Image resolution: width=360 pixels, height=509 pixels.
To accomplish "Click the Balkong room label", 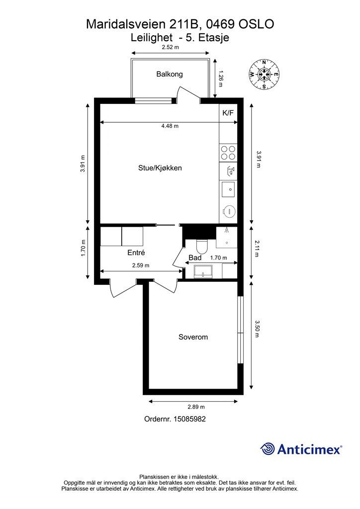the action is (x=170, y=74).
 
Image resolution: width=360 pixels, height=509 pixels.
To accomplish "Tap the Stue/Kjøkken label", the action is (x=160, y=168).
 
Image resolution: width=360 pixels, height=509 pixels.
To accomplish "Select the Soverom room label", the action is (x=193, y=337).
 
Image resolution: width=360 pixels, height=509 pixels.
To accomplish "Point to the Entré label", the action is (x=136, y=252).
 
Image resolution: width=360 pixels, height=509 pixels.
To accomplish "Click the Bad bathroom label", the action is (x=195, y=257).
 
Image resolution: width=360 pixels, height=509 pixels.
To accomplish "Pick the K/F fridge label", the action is (x=228, y=113).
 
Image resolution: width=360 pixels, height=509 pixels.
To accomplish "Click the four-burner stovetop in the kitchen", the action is (x=228, y=153).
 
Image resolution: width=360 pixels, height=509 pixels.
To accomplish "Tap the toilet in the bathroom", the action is (x=202, y=247).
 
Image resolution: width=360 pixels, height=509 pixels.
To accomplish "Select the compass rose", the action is (x=264, y=75).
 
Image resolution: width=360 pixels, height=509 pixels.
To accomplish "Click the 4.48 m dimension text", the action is (x=170, y=126).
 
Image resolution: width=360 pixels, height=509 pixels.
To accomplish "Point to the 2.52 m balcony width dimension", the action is (x=171, y=47).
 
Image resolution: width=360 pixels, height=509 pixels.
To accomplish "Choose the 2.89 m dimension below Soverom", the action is (x=196, y=407).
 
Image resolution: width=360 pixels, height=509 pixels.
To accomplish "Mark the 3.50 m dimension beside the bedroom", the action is (x=258, y=329).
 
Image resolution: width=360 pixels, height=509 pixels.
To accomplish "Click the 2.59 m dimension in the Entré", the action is (x=141, y=265).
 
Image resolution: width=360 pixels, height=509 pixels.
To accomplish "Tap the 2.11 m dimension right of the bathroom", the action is (x=258, y=249).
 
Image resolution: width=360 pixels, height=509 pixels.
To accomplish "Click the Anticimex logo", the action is (x=301, y=449).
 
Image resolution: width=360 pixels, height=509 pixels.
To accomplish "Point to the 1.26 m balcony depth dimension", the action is (x=221, y=78).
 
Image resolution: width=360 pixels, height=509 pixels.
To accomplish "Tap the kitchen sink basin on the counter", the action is (x=228, y=189).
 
